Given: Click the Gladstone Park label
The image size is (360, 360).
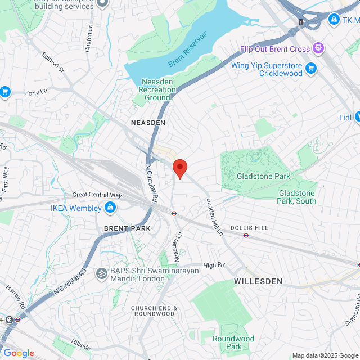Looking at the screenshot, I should [263, 176].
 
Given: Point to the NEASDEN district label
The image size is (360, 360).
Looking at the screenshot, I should [148, 122].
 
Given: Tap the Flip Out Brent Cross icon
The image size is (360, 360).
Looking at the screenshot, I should [319, 49].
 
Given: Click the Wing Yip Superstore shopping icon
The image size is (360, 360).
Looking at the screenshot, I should [311, 69].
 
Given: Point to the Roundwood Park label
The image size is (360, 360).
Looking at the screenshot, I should [233, 343].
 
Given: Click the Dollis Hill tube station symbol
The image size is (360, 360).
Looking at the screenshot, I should [246, 235].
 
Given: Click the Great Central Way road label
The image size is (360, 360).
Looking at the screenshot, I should [97, 195].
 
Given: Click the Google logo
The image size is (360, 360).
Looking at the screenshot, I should [19, 353].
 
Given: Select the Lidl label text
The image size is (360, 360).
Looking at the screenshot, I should [345, 118].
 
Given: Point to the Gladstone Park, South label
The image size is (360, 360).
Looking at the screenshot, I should [298, 196].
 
